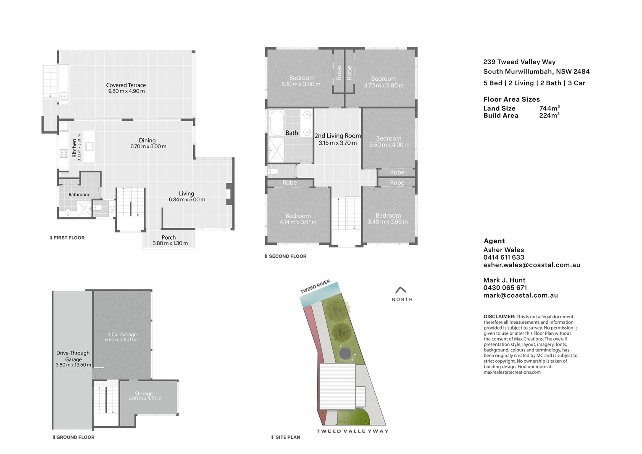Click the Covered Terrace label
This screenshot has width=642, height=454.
tap(126, 85)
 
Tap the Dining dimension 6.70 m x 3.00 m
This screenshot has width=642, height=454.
tap(148, 147)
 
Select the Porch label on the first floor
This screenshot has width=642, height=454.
tap(168, 238)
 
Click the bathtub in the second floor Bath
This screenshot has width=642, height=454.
tap(276, 122)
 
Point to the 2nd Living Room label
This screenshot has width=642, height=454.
tap(337, 136)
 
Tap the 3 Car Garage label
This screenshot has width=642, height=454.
tap(122, 335)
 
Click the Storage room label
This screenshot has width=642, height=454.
tap(144, 393)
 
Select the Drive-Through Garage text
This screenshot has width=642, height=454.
tap(73, 356)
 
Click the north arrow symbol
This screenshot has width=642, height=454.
tap(401, 290)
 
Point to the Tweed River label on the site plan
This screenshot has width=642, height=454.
tap(315, 287)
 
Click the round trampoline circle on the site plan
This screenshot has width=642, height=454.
tap(346, 352)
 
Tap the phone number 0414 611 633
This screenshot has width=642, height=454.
tap(503, 257)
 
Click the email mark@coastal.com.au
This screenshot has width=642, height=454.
tap(520, 295)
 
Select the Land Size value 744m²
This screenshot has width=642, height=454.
tap(549, 108)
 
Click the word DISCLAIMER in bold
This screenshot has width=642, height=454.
tap(499, 317)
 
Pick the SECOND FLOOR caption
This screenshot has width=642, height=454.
tap(287, 256)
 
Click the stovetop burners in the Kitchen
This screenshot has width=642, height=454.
tap(64, 153)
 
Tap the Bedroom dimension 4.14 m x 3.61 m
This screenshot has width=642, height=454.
tap(298, 222)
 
